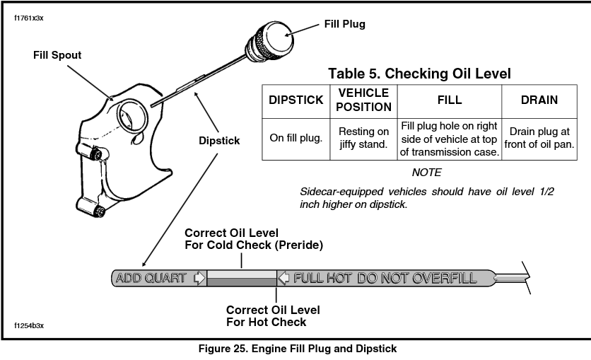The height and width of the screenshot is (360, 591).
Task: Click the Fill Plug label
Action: tap(344, 24)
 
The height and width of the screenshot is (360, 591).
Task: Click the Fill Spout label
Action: tap(57, 54)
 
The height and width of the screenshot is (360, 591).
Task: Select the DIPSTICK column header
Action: tap(296, 100)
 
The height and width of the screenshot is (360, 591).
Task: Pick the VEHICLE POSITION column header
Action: tap(363, 100)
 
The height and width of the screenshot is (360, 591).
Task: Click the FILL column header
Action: tap(450, 100)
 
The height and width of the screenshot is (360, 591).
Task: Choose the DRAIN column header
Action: tap(539, 100)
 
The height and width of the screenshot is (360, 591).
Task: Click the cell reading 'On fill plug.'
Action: tap(296, 138)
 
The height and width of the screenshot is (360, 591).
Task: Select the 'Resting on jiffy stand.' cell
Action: tap(363, 138)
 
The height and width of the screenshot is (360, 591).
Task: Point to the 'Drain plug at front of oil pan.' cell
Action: tap(539, 138)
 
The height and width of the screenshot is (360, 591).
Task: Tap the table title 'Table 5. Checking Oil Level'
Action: tap(419, 74)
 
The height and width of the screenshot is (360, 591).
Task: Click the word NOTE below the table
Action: tap(426, 173)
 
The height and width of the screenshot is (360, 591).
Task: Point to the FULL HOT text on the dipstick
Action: tap(322, 278)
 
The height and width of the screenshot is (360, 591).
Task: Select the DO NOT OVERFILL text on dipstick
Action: tap(416, 278)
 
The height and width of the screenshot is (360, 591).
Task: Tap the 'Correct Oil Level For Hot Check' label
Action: tap(273, 316)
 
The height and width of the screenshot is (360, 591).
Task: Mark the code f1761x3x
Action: tap(29, 18)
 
